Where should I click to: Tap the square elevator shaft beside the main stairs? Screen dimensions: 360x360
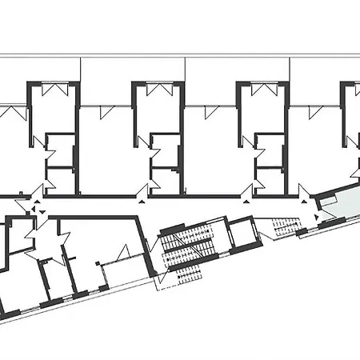pos(241,235)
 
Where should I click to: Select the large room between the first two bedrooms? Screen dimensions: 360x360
pos(106,152)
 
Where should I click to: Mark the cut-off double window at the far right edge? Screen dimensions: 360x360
pos(352,89)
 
